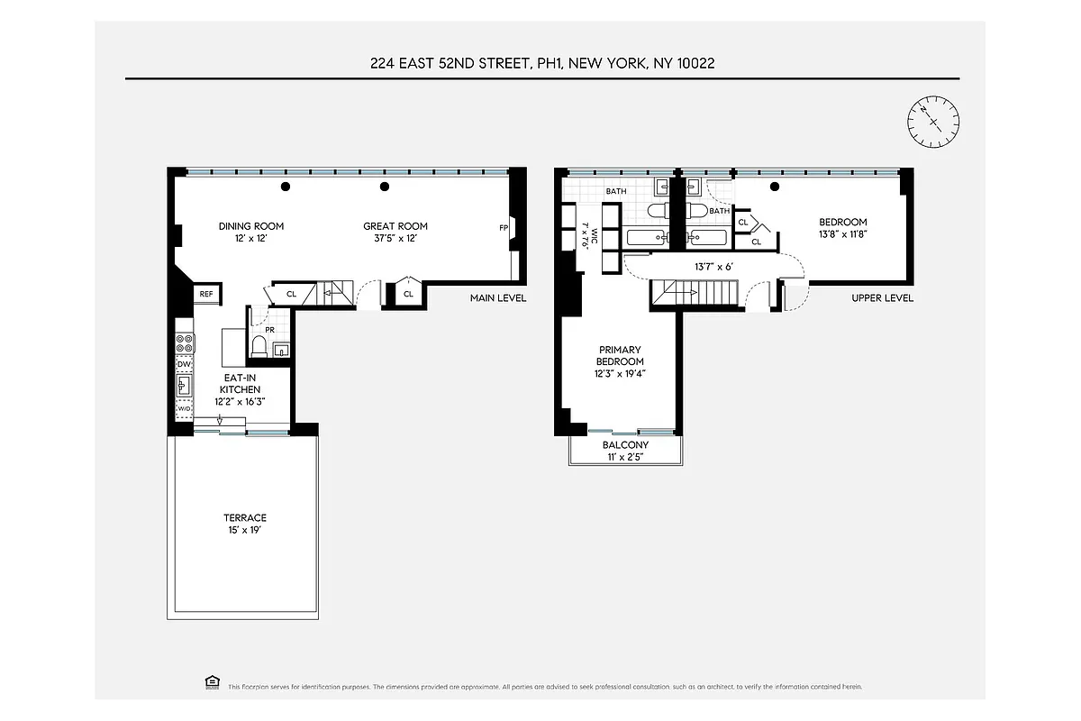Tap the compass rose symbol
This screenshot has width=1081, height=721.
click(x=934, y=121)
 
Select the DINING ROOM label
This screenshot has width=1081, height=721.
click(x=251, y=226)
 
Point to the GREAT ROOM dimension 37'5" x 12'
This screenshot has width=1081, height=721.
click(x=395, y=239)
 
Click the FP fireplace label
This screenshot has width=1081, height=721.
click(x=504, y=228)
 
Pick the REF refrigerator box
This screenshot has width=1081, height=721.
click(x=206, y=294)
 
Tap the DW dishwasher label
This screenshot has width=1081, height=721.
click(x=184, y=364)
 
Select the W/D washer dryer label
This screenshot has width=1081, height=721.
click(x=184, y=408)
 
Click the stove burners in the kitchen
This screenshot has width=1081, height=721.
click(x=184, y=343)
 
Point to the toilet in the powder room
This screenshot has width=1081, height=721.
click(x=260, y=346)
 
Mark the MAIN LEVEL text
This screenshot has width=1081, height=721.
click(x=498, y=298)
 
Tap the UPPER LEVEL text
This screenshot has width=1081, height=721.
click(x=883, y=298)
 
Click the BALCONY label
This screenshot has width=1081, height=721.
click(x=625, y=445)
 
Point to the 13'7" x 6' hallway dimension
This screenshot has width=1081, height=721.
click(x=714, y=267)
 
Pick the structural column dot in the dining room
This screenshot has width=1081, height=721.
click(x=286, y=187)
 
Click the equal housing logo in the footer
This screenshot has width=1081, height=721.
click(x=213, y=684)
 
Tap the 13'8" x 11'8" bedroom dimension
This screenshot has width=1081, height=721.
click(x=842, y=234)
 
